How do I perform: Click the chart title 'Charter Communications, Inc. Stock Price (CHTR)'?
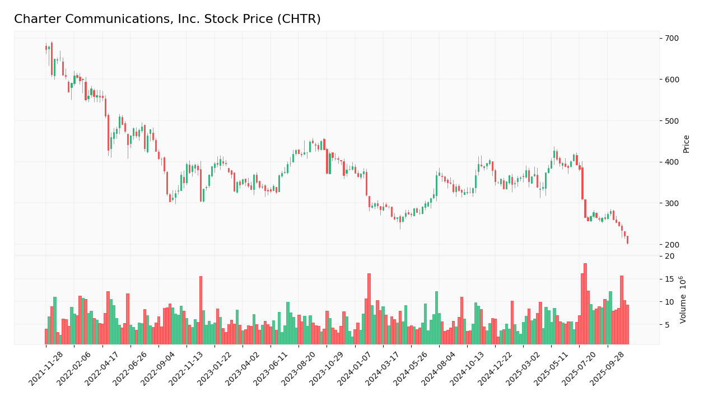[167, 20]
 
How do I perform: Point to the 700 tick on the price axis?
[672, 38]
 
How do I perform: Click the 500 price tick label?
[672, 121]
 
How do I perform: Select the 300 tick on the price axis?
[672, 203]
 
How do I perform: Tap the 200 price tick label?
[672, 245]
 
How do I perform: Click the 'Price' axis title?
[687, 143]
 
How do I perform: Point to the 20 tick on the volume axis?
[670, 256]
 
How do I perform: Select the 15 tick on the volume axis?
[670, 279]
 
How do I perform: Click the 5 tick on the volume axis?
[668, 325]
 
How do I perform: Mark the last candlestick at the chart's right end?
[627, 240]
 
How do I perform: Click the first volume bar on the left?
[46, 337]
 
